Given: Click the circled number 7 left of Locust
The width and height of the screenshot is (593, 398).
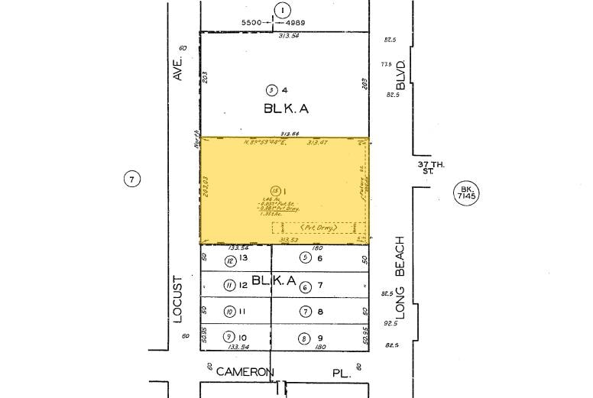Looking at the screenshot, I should pos(132,180).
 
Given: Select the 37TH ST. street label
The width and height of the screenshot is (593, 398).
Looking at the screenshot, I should pos(426,167).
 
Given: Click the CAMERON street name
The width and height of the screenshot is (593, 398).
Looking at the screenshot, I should pos(245,372).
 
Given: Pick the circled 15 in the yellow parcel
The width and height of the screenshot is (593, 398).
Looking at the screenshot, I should pos(274,190).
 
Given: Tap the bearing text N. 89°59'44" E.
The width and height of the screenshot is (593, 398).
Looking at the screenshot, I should pos(265,142).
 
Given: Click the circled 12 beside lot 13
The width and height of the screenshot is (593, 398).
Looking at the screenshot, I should pos(230,260).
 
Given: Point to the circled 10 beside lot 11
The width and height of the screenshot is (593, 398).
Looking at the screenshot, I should pos(228,312).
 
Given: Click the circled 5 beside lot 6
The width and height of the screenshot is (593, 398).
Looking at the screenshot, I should pos(305,258).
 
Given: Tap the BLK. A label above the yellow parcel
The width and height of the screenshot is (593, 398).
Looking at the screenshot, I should pos(286,108).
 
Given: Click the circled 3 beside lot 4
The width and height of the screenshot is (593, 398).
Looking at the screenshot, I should pos(271,89).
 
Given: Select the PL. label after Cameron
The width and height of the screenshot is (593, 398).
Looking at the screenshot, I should pos(342,373).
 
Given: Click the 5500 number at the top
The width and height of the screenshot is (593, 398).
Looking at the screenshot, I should pos(252,23).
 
